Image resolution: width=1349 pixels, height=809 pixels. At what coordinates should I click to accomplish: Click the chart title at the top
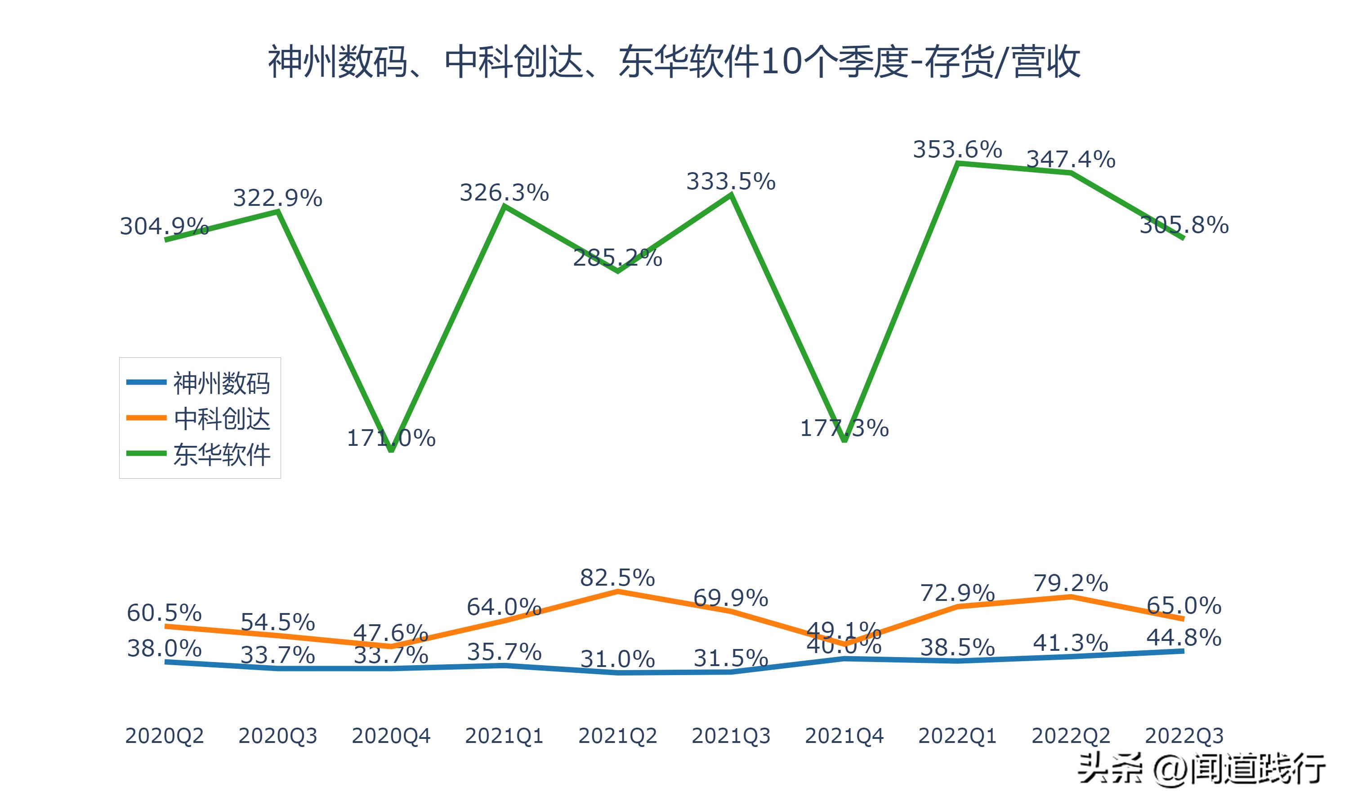pos(674,61)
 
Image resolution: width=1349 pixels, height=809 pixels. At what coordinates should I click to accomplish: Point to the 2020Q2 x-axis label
pos(164,736)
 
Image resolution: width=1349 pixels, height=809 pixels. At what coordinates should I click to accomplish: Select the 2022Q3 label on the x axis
pos(1184,736)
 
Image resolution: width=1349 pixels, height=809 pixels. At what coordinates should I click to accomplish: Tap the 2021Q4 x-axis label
pos(844,736)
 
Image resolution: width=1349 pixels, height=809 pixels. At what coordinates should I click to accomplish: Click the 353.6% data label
pos(957,149)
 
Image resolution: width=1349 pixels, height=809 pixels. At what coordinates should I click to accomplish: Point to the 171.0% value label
pos(391,438)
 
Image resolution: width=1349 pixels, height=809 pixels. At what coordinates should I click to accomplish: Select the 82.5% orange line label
pos(617,578)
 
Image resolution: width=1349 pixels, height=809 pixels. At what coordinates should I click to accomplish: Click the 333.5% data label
pos(731,181)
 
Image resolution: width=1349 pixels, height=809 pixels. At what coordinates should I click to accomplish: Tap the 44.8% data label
pos(1184,637)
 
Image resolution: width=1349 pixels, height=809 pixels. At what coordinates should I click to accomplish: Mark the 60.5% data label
pos(164,613)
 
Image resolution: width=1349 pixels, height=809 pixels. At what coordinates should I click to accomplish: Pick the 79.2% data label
pos(1071,583)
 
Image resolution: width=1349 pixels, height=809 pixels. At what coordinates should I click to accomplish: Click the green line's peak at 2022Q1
pos(957,163)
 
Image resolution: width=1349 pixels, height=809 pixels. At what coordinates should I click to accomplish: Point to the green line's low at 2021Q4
pos(844,440)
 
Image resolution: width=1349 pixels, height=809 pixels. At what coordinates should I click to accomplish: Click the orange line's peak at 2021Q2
pos(617,591)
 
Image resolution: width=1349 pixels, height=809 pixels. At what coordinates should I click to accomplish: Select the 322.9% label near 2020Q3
pos(277,197)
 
